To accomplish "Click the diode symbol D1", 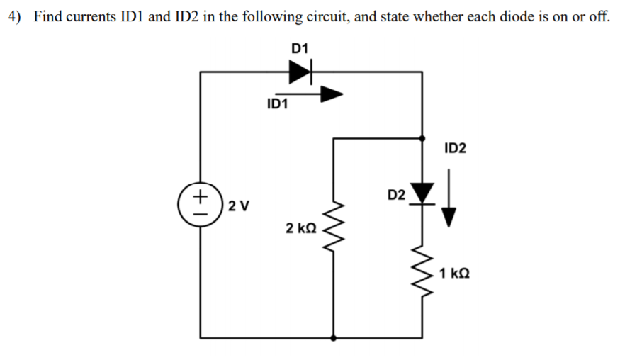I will (300, 72).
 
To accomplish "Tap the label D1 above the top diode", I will (300, 48).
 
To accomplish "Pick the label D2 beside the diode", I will (397, 194).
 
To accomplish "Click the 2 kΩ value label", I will (301, 228).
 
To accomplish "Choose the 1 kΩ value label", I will (454, 273).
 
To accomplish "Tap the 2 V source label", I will (239, 206).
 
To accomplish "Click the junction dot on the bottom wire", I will (333, 338).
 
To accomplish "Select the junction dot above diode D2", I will (424, 139).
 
